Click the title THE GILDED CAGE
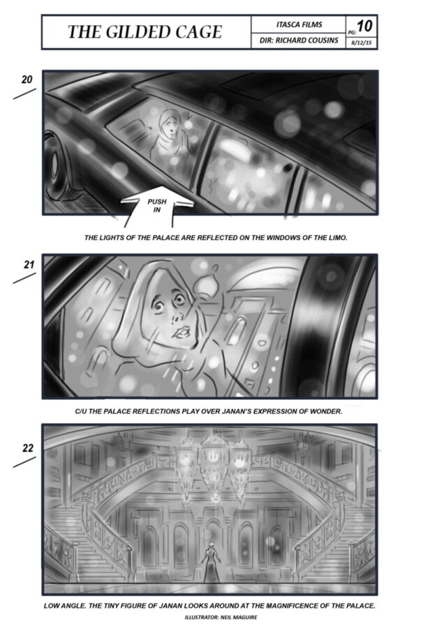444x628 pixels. click(145, 32)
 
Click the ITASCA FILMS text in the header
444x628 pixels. click(299, 24)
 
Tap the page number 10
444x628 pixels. click(364, 26)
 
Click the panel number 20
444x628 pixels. click(27, 80)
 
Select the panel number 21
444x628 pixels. click(29, 264)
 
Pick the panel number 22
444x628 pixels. click(28, 448)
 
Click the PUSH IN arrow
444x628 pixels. click(157, 204)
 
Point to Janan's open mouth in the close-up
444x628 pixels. click(183, 331)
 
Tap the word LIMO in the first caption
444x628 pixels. click(336, 237)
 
